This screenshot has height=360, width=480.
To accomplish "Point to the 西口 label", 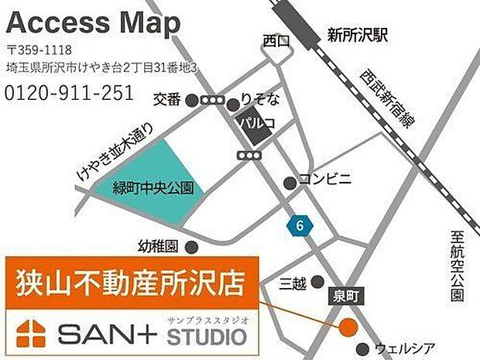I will point(275,40).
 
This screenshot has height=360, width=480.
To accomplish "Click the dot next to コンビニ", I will point(290,183).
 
